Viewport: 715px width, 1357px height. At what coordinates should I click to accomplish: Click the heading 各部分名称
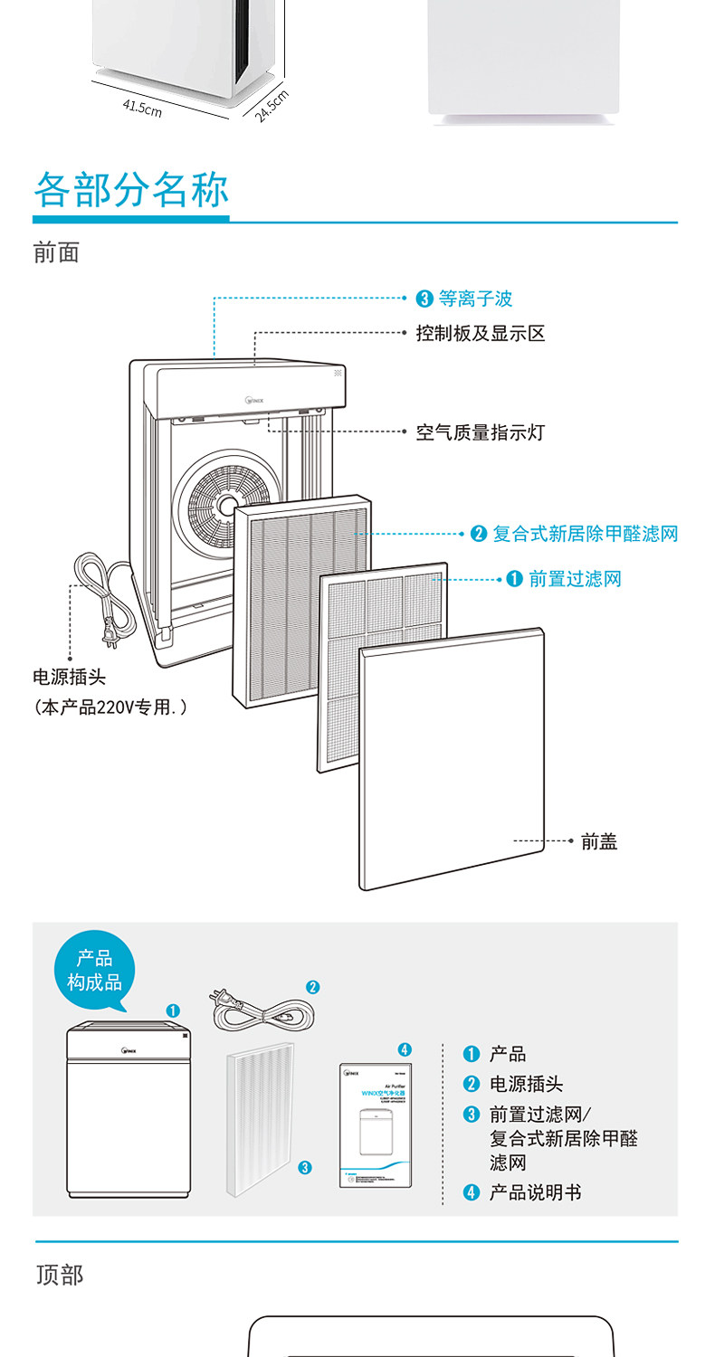tap(131, 190)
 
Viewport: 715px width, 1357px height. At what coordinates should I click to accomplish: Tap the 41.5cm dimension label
tap(142, 109)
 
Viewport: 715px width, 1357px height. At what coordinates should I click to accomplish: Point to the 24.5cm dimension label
tap(271, 106)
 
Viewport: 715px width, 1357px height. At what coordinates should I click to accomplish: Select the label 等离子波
tap(475, 299)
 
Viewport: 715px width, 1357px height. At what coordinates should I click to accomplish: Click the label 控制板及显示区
tap(480, 334)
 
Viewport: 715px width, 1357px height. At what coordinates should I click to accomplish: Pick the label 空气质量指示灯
tap(480, 432)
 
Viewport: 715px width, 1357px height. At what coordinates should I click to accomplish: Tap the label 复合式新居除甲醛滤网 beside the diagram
tap(585, 534)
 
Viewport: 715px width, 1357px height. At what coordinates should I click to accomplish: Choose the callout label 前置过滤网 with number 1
tap(575, 579)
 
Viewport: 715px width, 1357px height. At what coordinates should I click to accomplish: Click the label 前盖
tap(599, 841)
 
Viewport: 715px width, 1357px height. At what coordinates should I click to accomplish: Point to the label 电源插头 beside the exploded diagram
tap(69, 678)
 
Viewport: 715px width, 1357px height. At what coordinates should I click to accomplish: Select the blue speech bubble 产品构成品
tap(94, 971)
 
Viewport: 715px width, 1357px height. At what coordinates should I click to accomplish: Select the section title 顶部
tap(60, 1275)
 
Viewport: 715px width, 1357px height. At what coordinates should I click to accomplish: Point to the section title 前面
tap(56, 252)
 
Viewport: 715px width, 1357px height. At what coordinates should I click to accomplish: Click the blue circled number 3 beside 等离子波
tap(424, 299)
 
